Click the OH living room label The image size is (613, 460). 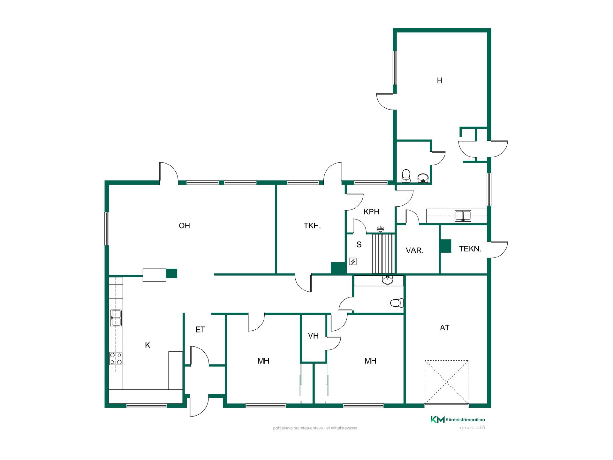184,226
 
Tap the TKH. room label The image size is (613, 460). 312,226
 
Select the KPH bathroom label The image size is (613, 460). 371,211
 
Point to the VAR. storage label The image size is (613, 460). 415,251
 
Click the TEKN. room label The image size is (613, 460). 470,249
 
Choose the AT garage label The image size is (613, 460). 445,328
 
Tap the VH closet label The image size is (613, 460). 313,336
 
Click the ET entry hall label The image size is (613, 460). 200,330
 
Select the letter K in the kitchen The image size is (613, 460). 148,345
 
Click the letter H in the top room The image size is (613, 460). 440,80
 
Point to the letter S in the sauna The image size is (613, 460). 359,245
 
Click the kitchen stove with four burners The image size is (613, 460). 116,358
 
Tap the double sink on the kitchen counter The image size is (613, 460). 116,318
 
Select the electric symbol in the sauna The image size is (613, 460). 353,262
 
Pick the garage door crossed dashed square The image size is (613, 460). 447,383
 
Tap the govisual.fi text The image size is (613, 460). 473,428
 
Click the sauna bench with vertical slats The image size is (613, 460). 384,254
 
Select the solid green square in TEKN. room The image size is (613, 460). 445,246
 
